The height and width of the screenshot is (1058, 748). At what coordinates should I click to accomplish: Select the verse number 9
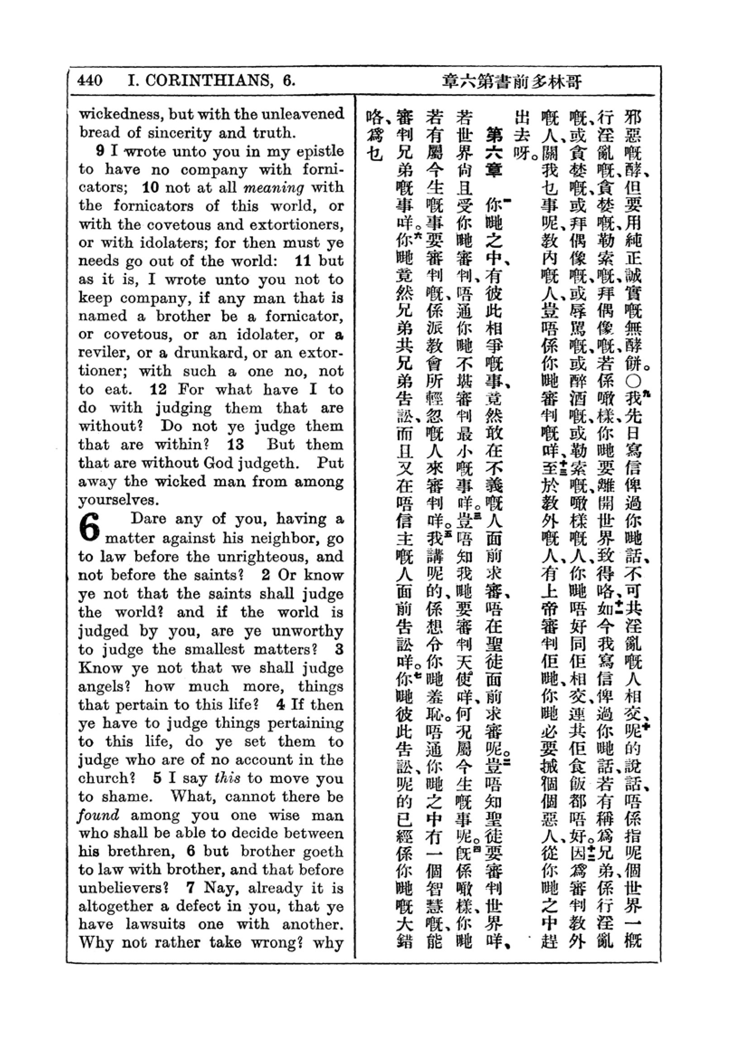coord(100,151)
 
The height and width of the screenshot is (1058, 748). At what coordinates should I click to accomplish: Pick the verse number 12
coord(158,389)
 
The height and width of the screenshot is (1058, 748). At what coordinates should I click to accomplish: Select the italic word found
coord(98,815)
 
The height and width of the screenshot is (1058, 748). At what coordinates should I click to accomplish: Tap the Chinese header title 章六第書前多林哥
coord(512,81)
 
